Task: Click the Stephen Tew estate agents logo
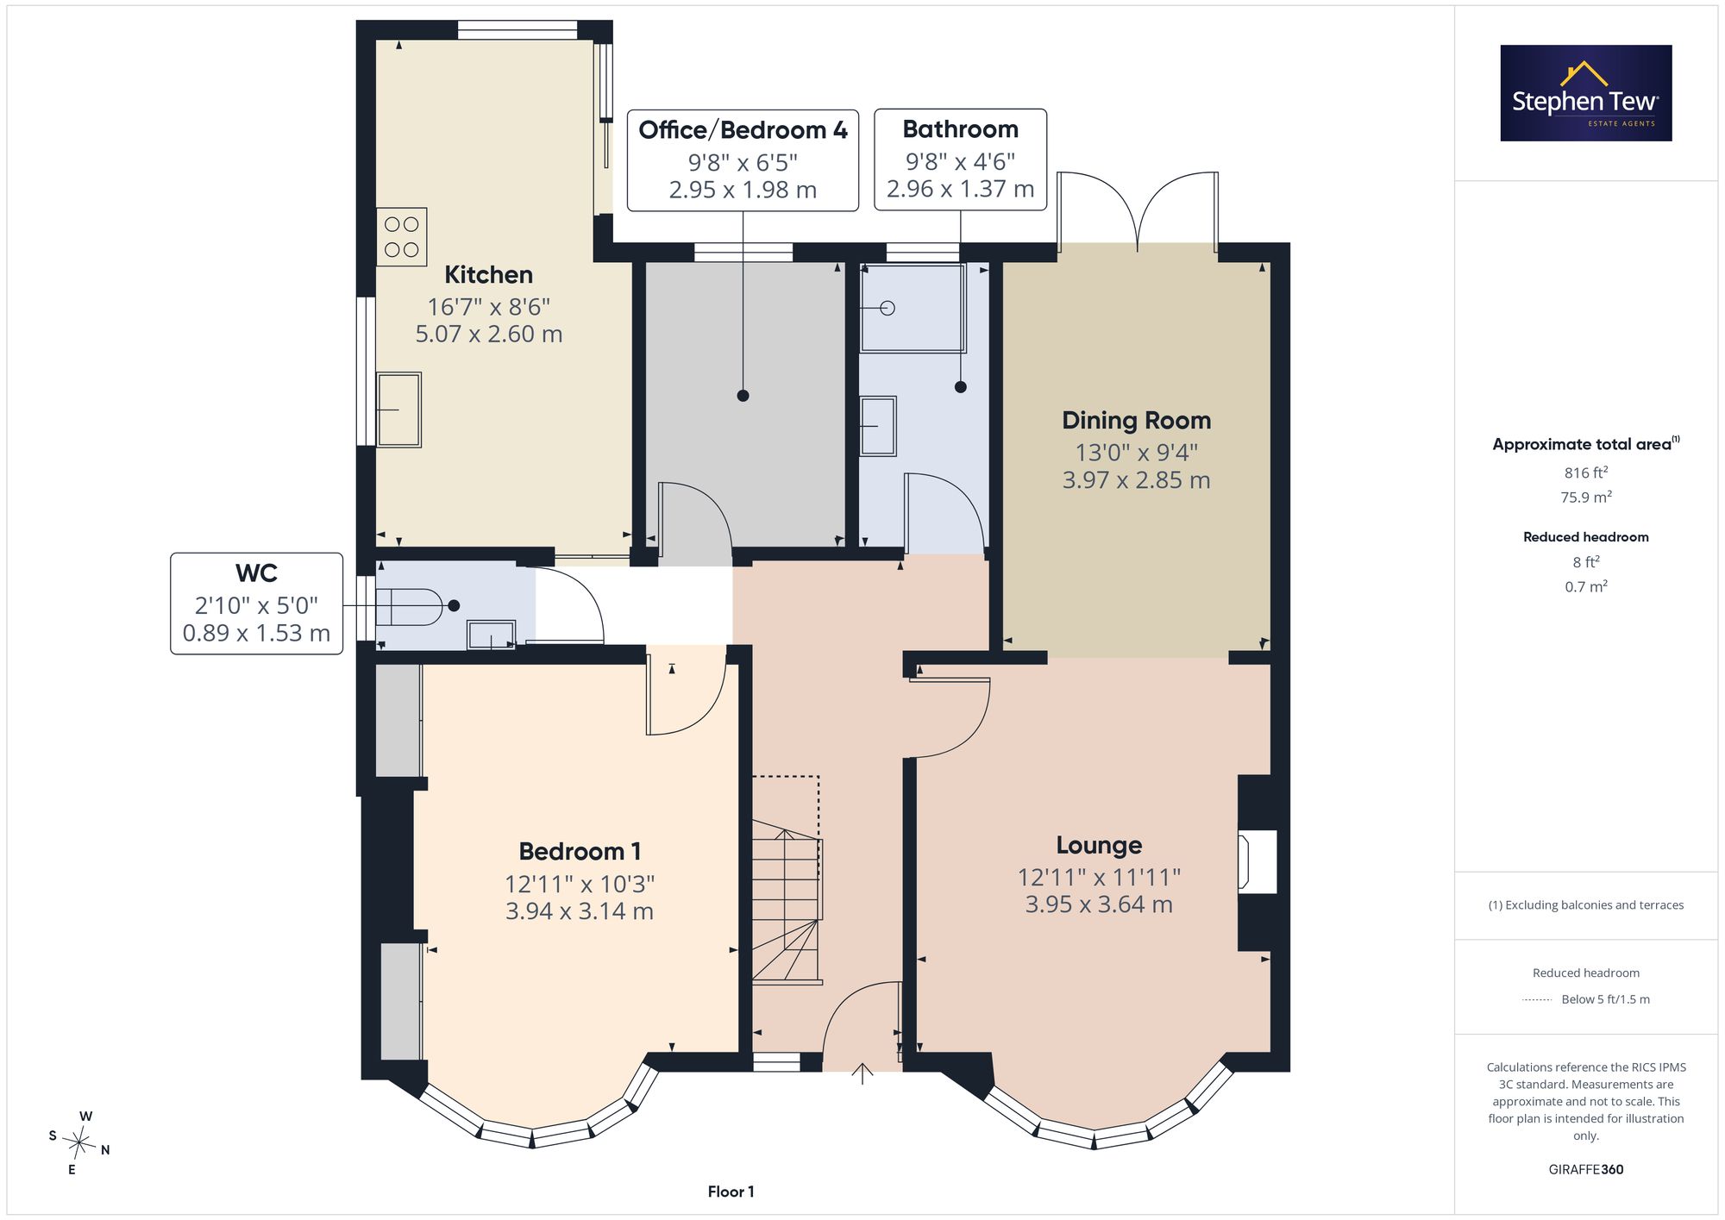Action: coord(1586,93)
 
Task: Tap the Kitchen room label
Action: coord(488,275)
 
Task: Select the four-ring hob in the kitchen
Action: coord(402,236)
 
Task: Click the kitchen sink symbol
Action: coord(398,410)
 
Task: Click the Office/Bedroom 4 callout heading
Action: coord(743,130)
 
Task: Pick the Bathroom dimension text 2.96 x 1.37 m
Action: coord(960,189)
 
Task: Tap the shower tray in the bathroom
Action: coord(913,308)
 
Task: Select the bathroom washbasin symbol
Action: coord(878,426)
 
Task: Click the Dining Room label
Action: coord(1136,421)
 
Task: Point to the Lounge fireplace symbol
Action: coord(1258,861)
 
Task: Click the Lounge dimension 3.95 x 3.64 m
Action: coord(1099,904)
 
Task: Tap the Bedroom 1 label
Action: coord(580,852)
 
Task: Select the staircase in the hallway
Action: coord(787,879)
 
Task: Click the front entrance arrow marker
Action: coord(862,1073)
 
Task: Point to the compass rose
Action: coord(79,1143)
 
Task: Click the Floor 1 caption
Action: coord(731,1192)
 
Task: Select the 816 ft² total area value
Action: coord(1585,472)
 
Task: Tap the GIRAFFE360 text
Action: coord(1585,1170)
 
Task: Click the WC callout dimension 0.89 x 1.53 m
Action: coord(256,634)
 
